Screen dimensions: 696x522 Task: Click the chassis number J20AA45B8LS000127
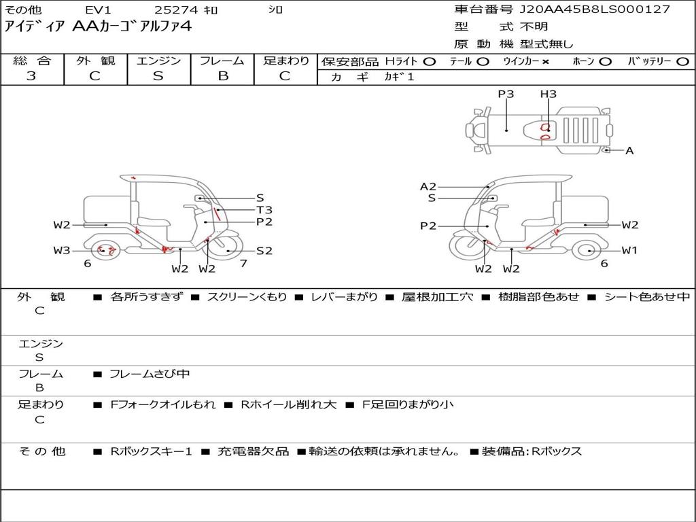[x=595, y=10]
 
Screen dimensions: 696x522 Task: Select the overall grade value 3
[x=31, y=76]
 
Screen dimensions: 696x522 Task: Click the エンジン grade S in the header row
[x=158, y=76]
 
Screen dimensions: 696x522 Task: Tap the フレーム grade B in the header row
[x=223, y=76]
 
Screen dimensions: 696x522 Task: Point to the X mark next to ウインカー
[x=546, y=62]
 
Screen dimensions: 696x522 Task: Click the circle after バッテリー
[x=683, y=62]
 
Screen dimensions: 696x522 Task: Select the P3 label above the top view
[x=506, y=94]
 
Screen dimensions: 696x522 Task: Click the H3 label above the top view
[x=549, y=94]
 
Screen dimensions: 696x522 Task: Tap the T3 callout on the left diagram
[x=264, y=210]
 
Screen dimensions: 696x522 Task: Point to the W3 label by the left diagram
[x=62, y=251]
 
